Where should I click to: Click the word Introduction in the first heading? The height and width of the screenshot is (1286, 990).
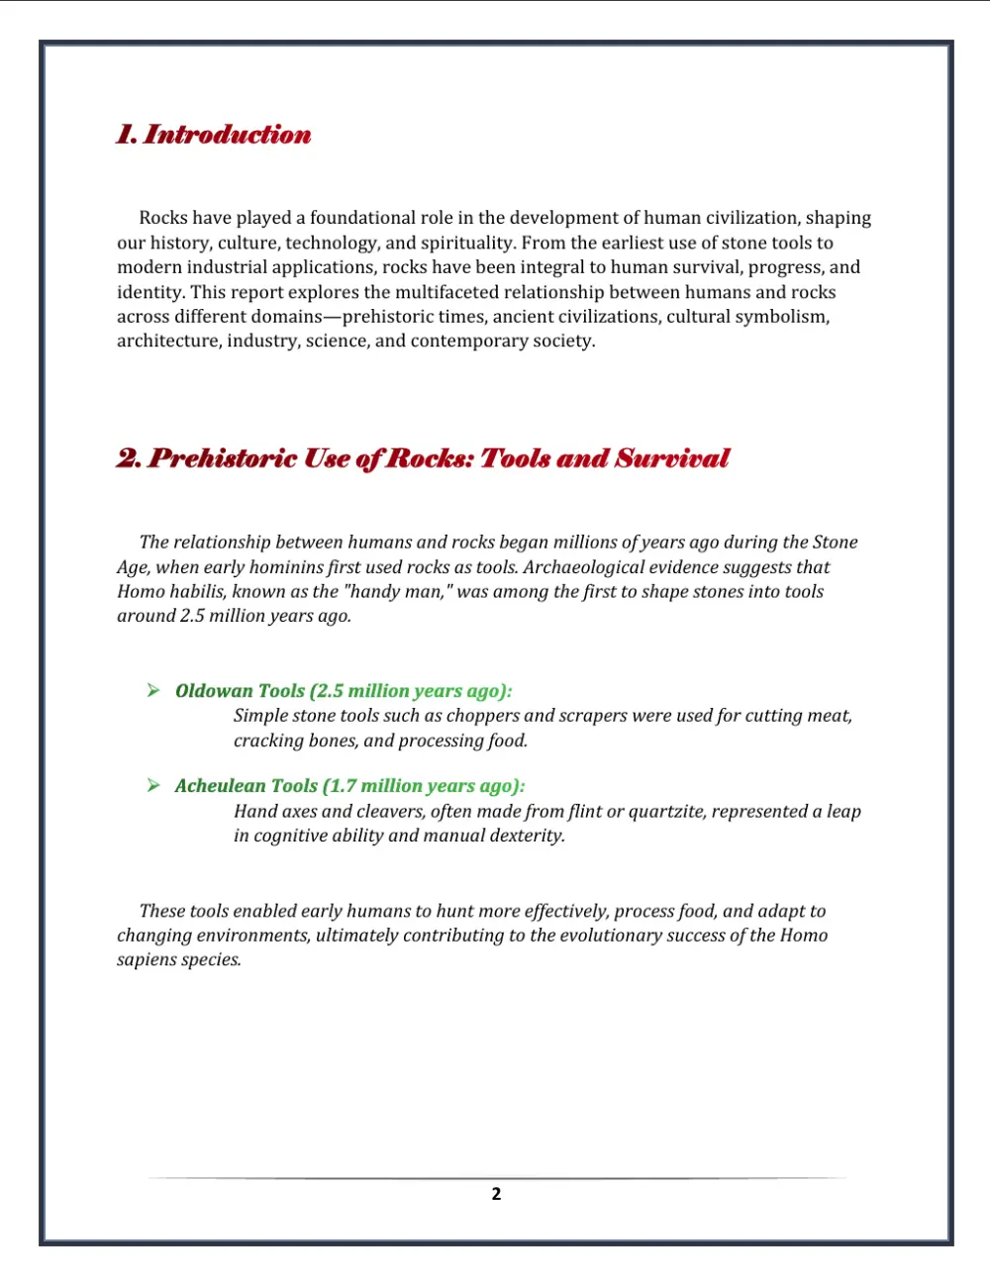(x=228, y=135)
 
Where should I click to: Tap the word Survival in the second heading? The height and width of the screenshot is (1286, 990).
(x=672, y=458)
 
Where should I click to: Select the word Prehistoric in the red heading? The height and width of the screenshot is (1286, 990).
(x=223, y=458)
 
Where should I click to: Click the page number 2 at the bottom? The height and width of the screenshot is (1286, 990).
(x=496, y=1194)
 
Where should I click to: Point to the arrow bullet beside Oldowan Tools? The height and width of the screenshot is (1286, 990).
(x=153, y=690)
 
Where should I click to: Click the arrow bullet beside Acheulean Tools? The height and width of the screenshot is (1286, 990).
(x=153, y=785)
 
